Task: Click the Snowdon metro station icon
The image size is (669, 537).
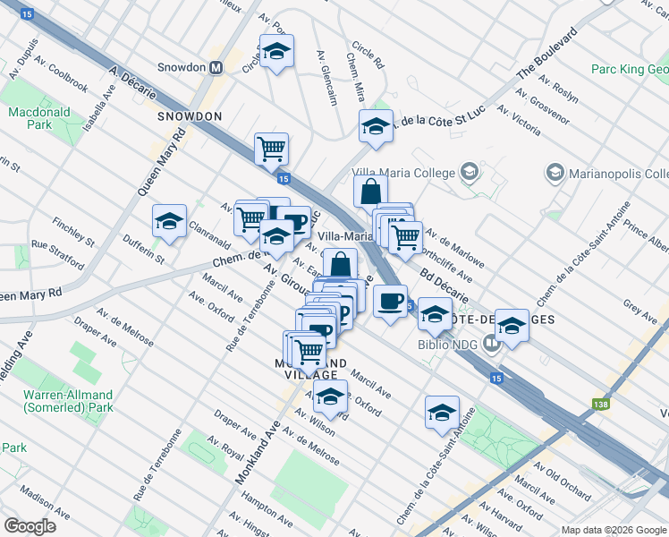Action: (x=216, y=67)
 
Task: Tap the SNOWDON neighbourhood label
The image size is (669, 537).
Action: (x=189, y=116)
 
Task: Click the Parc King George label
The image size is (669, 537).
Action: (x=630, y=69)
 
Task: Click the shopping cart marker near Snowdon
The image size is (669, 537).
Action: (x=271, y=149)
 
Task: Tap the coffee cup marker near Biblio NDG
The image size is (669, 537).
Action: (x=389, y=301)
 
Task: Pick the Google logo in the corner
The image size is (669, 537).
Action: (x=30, y=525)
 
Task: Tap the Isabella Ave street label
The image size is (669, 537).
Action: (x=99, y=103)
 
